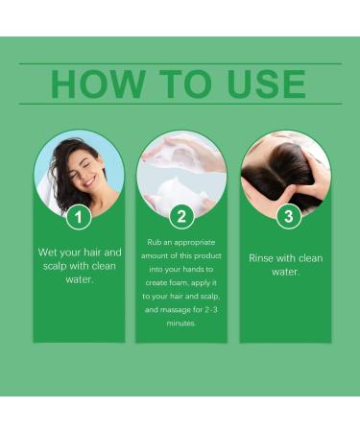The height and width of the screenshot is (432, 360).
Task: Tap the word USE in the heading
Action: [261, 84]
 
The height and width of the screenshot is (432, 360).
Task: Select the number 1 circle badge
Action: [79, 216]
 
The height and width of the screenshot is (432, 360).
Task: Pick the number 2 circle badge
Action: [181, 216]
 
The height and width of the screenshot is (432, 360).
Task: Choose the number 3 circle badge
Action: [285, 216]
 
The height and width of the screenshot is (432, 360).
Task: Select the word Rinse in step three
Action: [263, 257]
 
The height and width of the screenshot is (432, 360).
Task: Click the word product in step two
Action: [208, 256]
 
